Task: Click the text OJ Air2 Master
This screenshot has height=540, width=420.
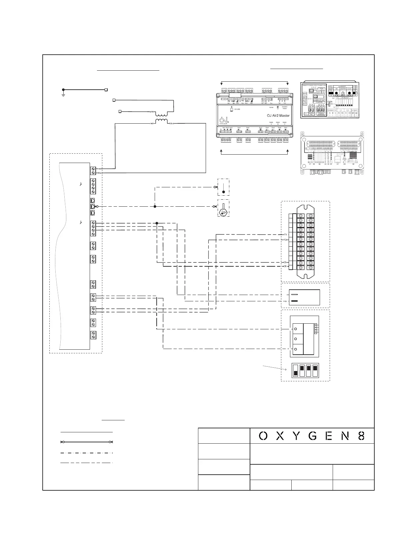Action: [278, 116]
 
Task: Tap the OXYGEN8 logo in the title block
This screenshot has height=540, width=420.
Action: [312, 436]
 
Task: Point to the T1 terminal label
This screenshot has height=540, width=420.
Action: [285, 235]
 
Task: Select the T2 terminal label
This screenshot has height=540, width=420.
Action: [285, 240]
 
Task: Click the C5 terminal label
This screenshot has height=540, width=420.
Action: [285, 262]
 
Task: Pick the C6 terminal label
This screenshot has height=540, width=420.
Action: [285, 266]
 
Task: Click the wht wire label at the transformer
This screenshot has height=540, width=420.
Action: [151, 112]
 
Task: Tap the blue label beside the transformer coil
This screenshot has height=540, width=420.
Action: [172, 124]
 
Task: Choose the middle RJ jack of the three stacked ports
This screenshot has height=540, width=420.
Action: [93, 207]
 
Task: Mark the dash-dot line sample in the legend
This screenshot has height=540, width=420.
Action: [87, 453]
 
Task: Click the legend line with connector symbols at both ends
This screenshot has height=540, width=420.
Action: [87, 442]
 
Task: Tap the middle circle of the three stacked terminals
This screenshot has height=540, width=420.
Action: [296, 339]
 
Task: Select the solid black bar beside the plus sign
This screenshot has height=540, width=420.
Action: [295, 301]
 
